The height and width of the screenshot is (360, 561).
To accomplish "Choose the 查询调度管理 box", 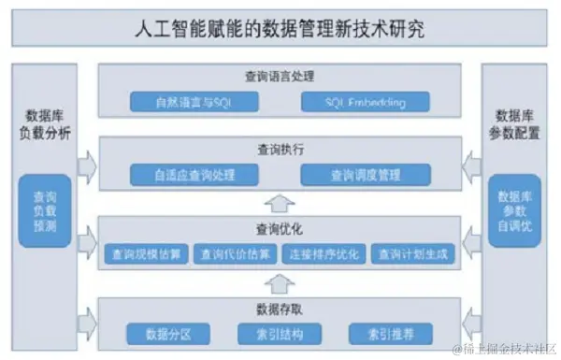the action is [x=365, y=174].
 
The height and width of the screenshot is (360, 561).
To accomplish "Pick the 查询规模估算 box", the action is [x=144, y=253].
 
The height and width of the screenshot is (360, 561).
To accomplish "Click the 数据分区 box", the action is [x=168, y=334].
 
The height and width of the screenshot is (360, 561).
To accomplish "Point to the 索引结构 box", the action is [x=280, y=334].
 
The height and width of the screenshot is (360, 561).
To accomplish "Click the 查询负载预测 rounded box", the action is [x=44, y=210].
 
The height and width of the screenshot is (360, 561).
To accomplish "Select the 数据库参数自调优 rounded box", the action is [x=514, y=210].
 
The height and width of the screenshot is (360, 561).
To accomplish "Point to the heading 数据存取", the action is [x=280, y=309].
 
